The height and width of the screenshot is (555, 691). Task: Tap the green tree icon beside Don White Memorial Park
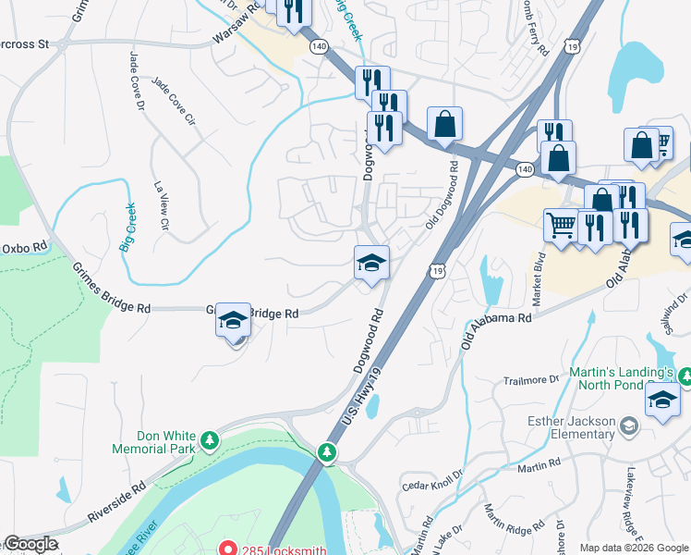pyautogui.click(x=210, y=437)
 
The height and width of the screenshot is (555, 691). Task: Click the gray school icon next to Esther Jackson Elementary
pyautogui.click(x=629, y=425)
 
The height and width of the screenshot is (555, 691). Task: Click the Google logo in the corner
pyautogui.click(x=30, y=545)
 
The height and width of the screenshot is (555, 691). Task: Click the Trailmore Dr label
pyautogui.click(x=531, y=379)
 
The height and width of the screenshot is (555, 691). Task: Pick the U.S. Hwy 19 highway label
pyautogui.click(x=362, y=396)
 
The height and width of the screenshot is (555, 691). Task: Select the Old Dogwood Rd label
pyautogui.click(x=442, y=194)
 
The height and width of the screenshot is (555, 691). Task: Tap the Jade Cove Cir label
pyautogui.click(x=175, y=102)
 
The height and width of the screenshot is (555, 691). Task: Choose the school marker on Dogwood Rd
pyautogui.click(x=370, y=263)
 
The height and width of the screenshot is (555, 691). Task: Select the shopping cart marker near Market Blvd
pyautogui.click(x=561, y=224)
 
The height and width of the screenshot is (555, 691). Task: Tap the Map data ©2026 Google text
pyautogui.click(x=634, y=548)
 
